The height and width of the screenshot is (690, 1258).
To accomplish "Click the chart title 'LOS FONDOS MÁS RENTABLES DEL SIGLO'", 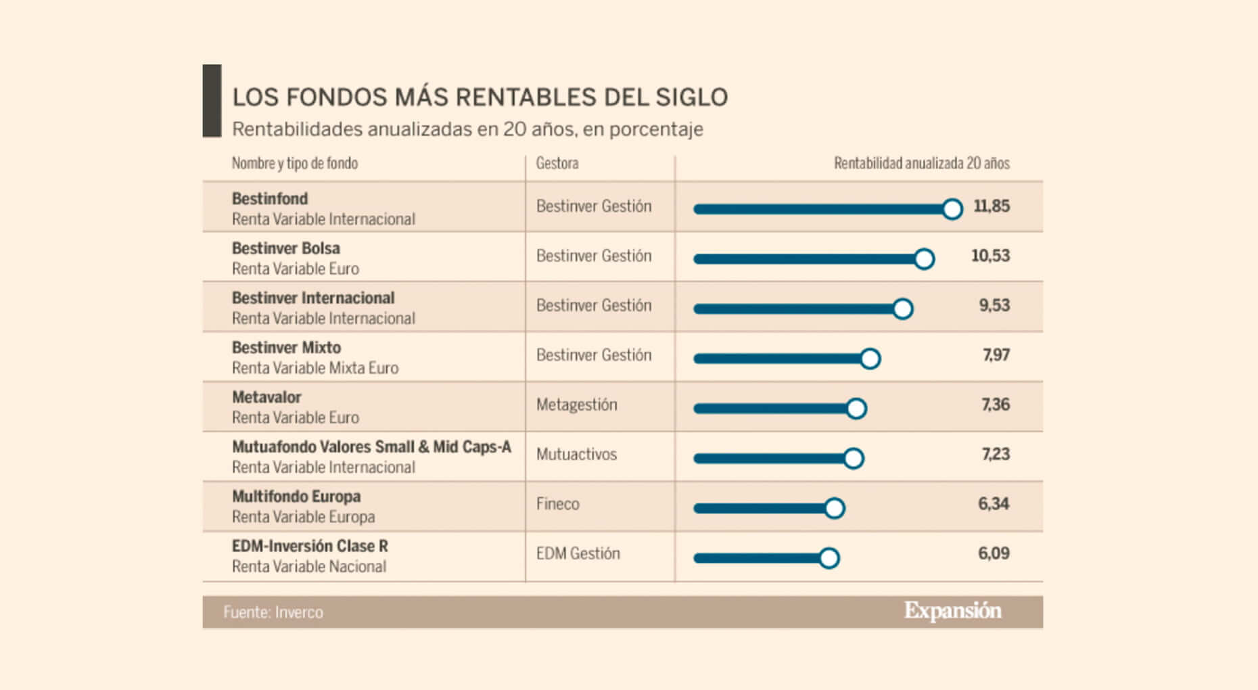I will tap(480, 97).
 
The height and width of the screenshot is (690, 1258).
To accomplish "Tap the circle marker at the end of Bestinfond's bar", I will tap(952, 209).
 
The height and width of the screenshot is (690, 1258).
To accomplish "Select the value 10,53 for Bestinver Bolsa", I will tap(990, 256).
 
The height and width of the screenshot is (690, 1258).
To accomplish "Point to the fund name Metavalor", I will tap(266, 397).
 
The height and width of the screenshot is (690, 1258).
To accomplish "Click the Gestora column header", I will tap(557, 163).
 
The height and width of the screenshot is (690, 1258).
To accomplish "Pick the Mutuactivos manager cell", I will tap(576, 455).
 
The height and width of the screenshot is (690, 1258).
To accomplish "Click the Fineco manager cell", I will tap(557, 504).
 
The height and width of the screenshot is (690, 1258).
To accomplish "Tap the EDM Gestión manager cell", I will tap(578, 553).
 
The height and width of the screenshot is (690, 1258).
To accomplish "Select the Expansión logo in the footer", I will tap(952, 611).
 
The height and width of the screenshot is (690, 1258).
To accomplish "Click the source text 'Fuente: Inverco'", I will tap(273, 612).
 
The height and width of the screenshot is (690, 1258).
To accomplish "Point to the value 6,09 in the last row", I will tap(994, 553).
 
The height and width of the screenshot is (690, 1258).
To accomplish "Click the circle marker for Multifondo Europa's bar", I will tap(835, 508).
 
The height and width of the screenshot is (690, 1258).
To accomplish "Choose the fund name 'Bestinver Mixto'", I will tap(286, 348).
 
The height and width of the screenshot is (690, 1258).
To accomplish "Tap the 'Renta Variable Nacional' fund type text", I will tap(309, 567).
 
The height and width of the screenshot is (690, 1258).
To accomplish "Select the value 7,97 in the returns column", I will tap(996, 355).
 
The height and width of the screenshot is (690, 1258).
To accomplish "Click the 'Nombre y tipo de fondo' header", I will tap(294, 163).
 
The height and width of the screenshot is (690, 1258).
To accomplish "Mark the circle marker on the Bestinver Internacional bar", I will tap(902, 308).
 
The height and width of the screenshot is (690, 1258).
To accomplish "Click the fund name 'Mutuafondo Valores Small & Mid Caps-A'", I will tap(371, 447).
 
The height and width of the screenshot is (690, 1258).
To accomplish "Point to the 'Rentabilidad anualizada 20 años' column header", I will tap(921, 163).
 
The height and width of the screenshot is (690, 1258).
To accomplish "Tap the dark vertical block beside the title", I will tap(212, 101).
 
